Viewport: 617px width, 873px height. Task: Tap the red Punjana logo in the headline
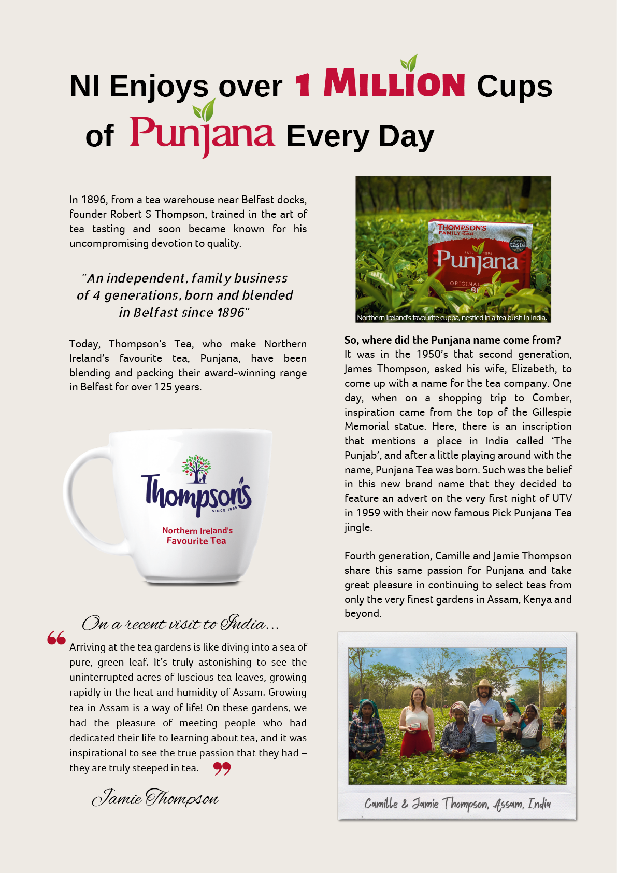pyautogui.click(x=202, y=133)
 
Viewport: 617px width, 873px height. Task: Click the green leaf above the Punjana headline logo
pyautogui.click(x=204, y=110)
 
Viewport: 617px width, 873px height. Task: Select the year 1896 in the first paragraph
pyautogui.click(x=94, y=200)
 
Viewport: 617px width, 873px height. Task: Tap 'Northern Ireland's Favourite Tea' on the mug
pyautogui.click(x=197, y=536)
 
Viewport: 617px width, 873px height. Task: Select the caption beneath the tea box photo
pyautogui.click(x=452, y=318)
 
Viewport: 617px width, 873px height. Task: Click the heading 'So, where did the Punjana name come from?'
pyautogui.click(x=452, y=340)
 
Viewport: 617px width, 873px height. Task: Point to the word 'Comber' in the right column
pyautogui.click(x=552, y=398)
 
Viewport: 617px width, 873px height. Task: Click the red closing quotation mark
pyautogui.click(x=222, y=768)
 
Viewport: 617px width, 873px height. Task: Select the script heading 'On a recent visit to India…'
pyautogui.click(x=180, y=623)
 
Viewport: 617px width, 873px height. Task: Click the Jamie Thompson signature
pyautogui.click(x=155, y=798)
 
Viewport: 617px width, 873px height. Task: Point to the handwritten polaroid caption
pyautogui.click(x=457, y=804)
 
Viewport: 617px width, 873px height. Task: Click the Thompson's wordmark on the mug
pyautogui.click(x=196, y=494)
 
